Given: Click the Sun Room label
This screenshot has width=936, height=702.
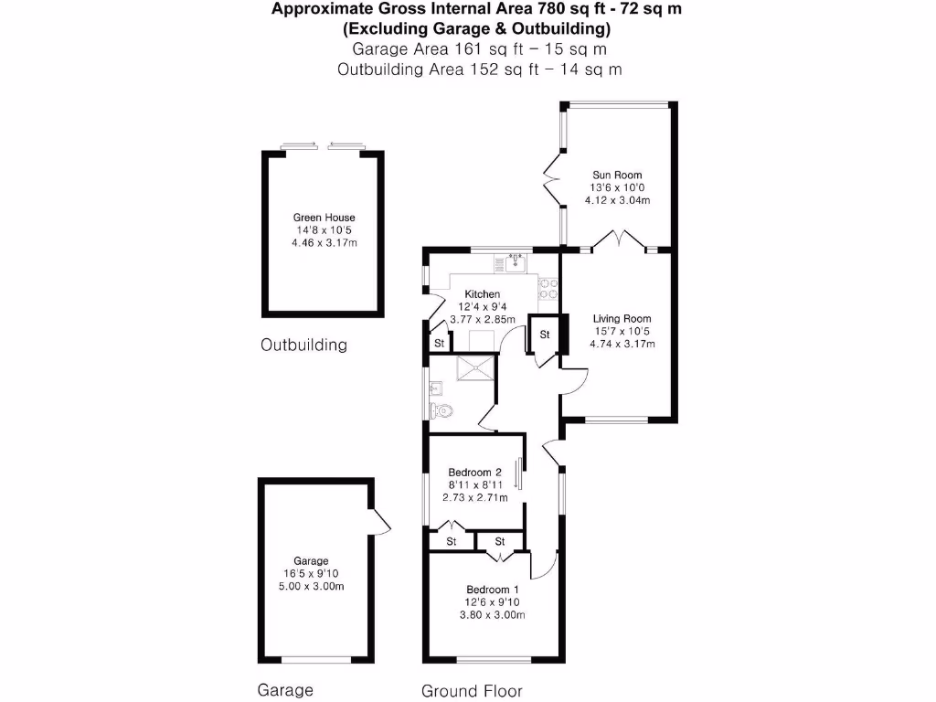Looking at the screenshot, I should pos(617,175).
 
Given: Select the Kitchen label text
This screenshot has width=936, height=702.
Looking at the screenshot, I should pos(482,294).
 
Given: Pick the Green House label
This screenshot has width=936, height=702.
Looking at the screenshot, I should pos(324,218).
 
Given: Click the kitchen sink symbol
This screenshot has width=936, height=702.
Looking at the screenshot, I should pos(514,264).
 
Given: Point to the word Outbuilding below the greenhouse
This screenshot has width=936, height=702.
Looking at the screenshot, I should pos(304,346).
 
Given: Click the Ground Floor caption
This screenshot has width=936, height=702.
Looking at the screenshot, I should pos(472,691).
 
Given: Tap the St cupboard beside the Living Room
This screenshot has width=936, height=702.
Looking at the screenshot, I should pos(544,335).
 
